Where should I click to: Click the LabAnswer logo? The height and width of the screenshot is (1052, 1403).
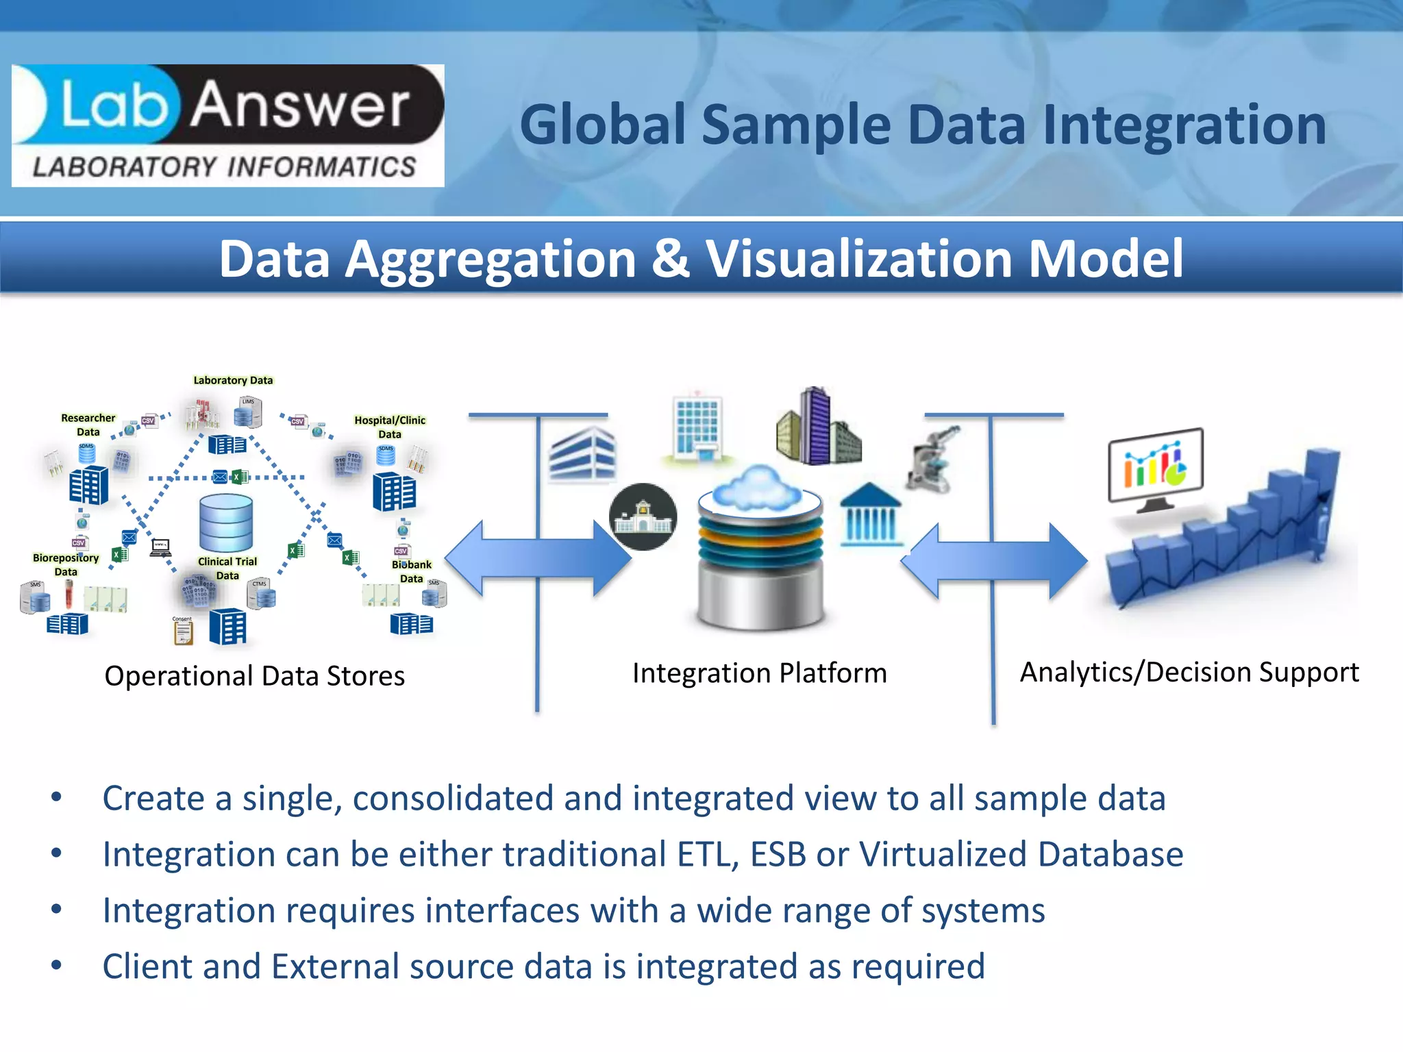coord(227,125)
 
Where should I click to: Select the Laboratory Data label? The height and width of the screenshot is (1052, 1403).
coord(233,380)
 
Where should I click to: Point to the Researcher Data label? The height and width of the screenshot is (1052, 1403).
coord(88,425)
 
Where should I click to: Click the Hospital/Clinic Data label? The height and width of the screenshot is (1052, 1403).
coord(390,427)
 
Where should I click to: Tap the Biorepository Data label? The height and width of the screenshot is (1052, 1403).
coord(66,564)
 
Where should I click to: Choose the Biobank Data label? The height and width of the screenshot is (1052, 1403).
coord(411,571)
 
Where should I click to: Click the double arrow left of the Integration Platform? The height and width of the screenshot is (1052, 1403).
coord(538,559)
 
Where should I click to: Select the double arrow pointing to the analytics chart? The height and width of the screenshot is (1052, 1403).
coord(993,562)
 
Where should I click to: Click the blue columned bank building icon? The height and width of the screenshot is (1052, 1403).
coord(870,515)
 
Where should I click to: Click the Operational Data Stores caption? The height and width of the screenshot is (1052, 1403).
coord(254,676)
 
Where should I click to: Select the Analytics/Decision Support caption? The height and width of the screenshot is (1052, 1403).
coord(1189,673)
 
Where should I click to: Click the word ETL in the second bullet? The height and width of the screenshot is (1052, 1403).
coord(704,854)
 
